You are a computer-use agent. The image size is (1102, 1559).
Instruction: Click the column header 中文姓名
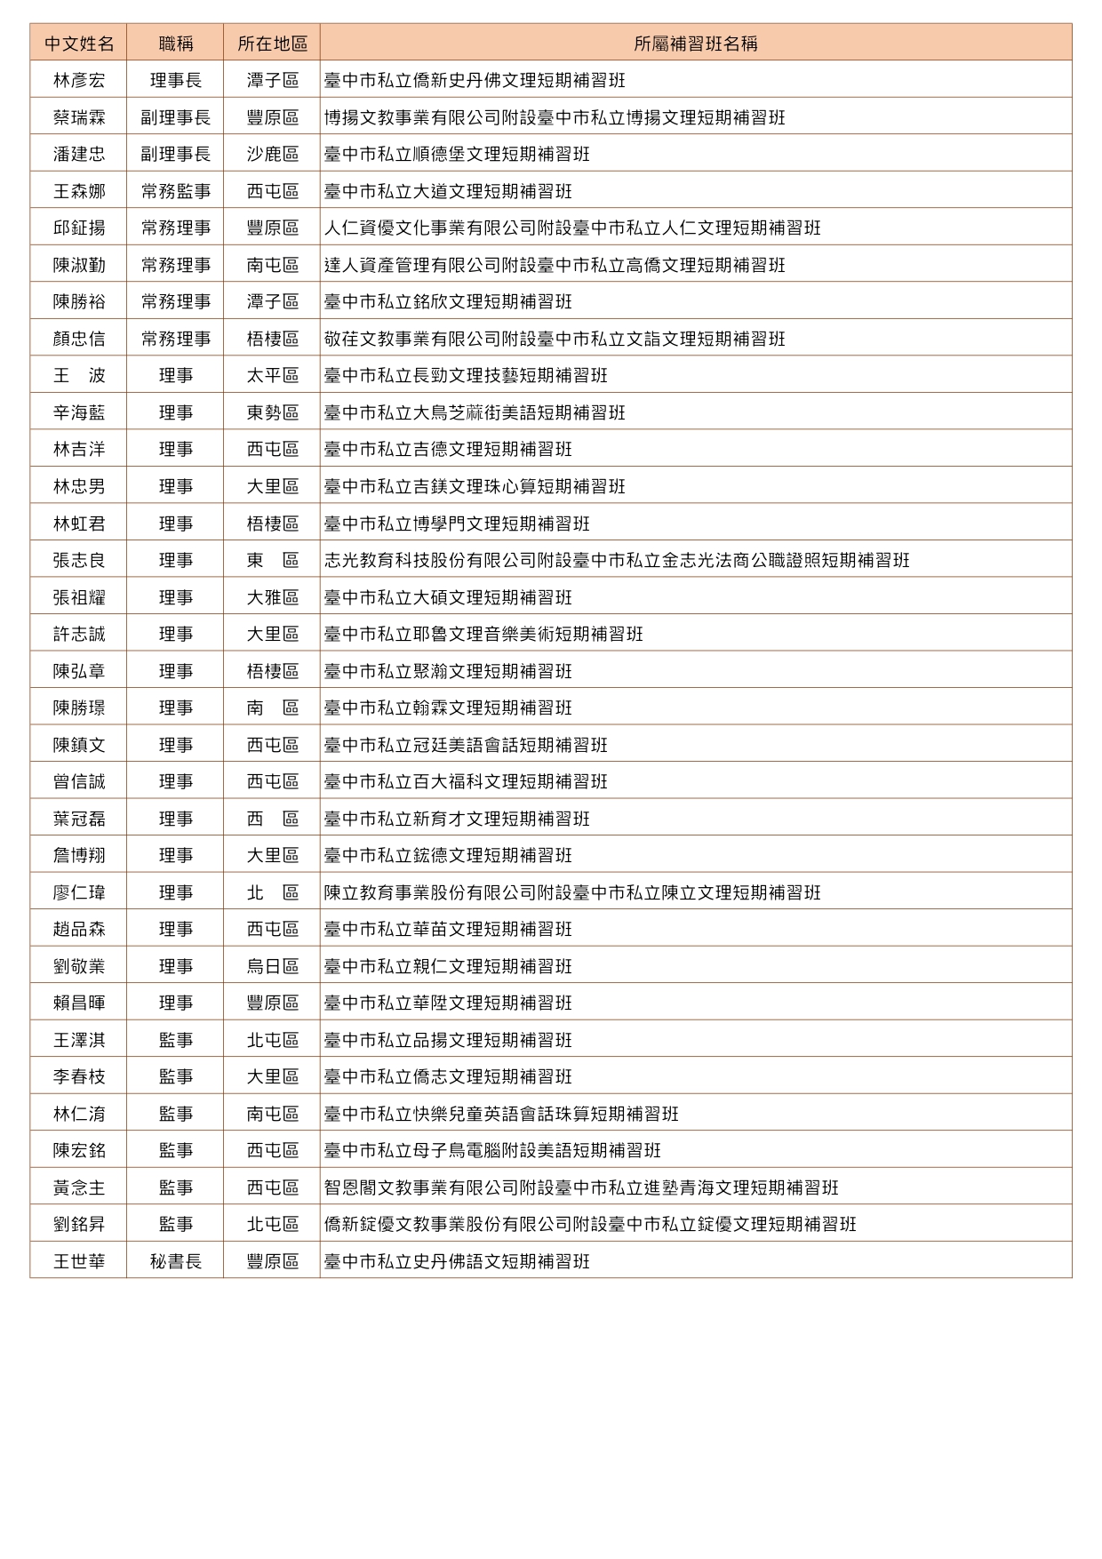pos(79,44)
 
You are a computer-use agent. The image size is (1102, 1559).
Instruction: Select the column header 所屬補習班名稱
pos(695,44)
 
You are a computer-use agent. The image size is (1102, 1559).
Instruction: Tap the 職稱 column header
pos(175,44)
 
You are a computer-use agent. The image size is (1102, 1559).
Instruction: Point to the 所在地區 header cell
pos(272,44)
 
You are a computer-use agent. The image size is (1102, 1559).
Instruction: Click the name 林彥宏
pos(79,81)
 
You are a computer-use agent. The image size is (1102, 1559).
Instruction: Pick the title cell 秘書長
pos(175,1261)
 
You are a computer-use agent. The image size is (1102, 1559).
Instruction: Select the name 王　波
pos(79,376)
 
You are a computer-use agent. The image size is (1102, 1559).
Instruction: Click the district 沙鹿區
pos(272,155)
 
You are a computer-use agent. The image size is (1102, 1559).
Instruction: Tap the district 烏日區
pos(272,966)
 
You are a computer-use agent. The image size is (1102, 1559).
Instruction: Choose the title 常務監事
pos(175,191)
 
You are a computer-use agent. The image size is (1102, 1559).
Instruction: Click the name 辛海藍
pos(79,412)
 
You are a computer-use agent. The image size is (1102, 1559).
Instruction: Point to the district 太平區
pos(272,376)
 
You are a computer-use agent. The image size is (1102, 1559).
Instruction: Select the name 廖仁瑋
pos(79,892)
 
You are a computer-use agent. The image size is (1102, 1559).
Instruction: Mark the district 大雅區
pos(272,597)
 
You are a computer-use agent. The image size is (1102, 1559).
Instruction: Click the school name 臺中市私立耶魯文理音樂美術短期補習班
pos(483,635)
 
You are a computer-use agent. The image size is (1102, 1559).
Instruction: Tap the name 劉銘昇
pos(79,1224)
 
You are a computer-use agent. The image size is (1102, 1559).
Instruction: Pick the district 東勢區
pos(272,412)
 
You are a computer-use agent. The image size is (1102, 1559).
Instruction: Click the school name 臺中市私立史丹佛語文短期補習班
pos(456,1261)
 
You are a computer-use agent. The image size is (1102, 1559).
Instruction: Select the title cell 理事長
pos(175,81)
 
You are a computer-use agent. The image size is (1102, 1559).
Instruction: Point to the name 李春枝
pos(79,1076)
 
